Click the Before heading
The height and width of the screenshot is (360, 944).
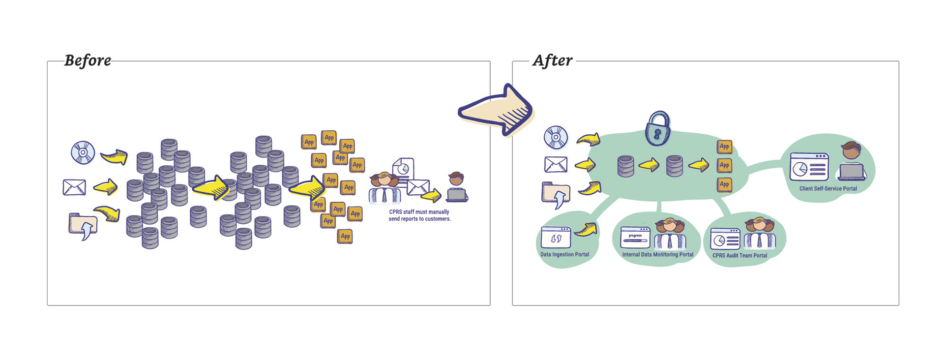[x=88, y=60]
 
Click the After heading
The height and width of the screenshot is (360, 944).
[x=552, y=60]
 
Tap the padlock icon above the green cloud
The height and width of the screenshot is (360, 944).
[x=658, y=128]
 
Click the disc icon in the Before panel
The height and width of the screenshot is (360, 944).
[x=83, y=152]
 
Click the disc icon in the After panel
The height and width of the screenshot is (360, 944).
[x=556, y=137]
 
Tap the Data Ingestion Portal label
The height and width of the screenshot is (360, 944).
[x=564, y=255]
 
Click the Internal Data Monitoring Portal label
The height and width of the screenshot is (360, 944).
[x=657, y=255]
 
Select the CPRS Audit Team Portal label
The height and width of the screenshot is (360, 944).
[x=739, y=256]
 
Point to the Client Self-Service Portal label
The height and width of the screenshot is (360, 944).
[x=828, y=189]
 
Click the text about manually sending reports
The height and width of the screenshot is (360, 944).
[x=419, y=215]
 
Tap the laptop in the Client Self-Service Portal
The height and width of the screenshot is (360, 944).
[x=852, y=171]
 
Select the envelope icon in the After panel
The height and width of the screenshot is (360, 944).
[x=556, y=164]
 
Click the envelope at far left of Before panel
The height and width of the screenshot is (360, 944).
[x=74, y=187]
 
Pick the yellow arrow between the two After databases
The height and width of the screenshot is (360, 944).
[x=649, y=165]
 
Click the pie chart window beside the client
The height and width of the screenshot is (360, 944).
[x=809, y=167]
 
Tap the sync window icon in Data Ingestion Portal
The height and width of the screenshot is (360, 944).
[x=556, y=238]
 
